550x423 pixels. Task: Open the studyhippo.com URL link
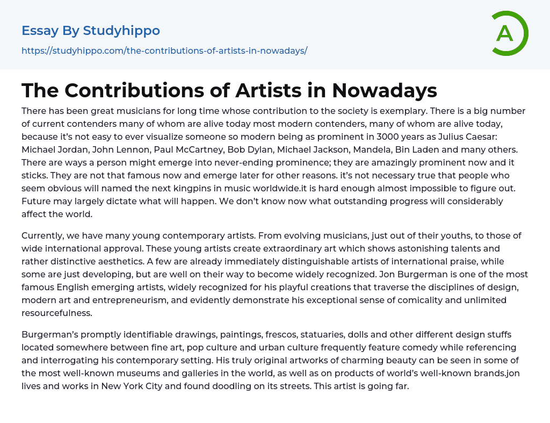pos(164,51)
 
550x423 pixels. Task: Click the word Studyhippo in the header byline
pos(121,31)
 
